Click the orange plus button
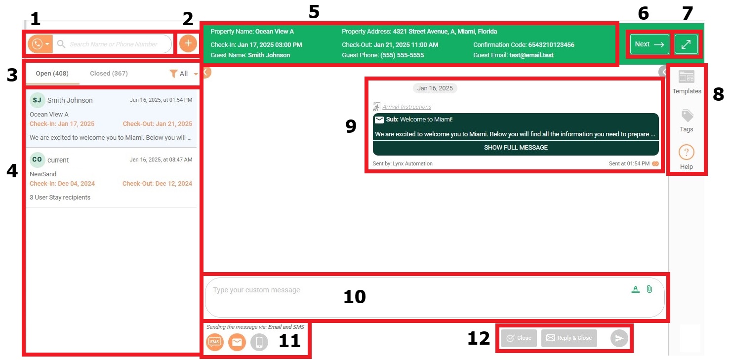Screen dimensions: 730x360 188,43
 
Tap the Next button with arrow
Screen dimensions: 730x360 649,44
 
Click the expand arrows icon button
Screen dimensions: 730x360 686,44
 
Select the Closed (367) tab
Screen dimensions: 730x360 109,73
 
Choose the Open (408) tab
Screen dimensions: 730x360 52,73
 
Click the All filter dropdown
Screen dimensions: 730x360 183,74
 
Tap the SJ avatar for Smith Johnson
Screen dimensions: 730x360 37,100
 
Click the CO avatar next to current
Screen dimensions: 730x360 37,160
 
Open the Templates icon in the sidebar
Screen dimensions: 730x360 687,77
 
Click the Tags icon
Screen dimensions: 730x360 687,116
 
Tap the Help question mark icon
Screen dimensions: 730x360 687,152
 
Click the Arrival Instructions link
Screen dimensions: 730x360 406,107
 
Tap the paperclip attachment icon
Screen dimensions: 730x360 649,289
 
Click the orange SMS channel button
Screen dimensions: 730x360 215,342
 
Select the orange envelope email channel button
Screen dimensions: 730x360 237,342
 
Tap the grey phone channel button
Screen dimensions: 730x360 259,342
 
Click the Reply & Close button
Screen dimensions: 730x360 569,338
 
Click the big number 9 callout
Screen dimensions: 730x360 351,126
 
